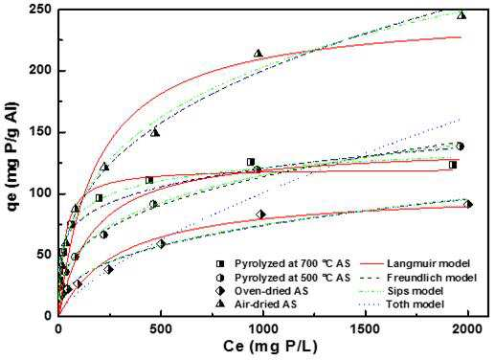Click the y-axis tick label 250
pyautogui.click(x=39, y=10)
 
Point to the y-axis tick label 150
pyautogui.click(x=39, y=132)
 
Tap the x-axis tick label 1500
pyautogui.click(x=365, y=329)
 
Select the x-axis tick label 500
pyautogui.click(x=161, y=329)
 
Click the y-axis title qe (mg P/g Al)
pyautogui.click(x=12, y=158)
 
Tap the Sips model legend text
pyautogui.click(x=415, y=291)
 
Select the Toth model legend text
pyautogui.click(x=415, y=304)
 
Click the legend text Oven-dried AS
pyautogui.click(x=272, y=291)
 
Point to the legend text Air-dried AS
pyautogui.click(x=266, y=304)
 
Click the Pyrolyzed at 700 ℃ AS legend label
pyautogui.click(x=292, y=263)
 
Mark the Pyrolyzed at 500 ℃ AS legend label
pyautogui.click(x=292, y=278)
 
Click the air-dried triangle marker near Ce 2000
pyautogui.click(x=461, y=15)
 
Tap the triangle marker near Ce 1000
pyautogui.click(x=259, y=53)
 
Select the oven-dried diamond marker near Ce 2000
pyautogui.click(x=468, y=204)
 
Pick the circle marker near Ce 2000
pyautogui.click(x=460, y=146)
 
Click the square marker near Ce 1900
pyautogui.click(x=453, y=165)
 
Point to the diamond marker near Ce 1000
pyautogui.click(x=260, y=214)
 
